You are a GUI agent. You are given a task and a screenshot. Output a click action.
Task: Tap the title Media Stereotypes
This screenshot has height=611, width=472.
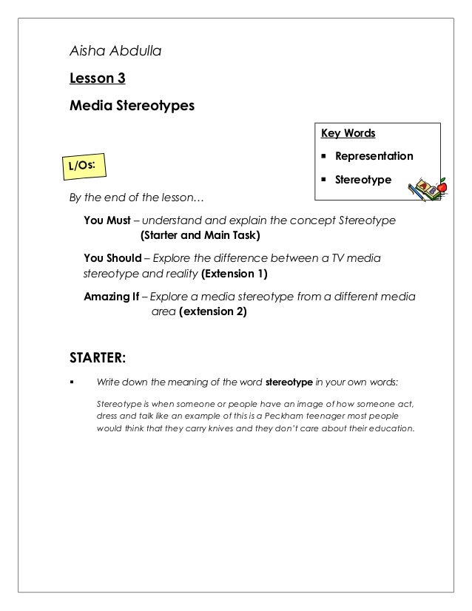[132, 105]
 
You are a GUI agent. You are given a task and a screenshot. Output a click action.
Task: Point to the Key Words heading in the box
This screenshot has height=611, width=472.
[348, 133]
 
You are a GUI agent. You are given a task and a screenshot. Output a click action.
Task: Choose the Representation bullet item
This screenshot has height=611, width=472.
[374, 157]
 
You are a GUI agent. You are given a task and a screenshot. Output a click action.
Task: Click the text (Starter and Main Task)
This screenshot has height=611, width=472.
[200, 236]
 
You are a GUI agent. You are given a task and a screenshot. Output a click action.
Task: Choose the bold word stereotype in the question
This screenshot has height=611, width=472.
[289, 382]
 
